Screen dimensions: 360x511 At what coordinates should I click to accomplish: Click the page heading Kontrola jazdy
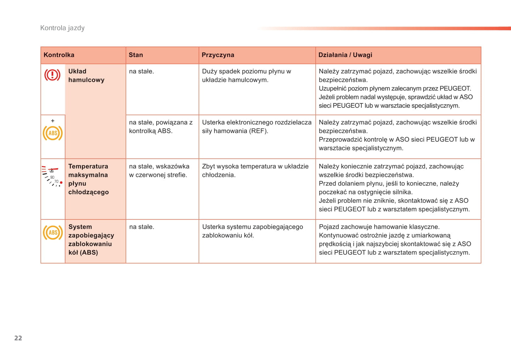click(x=62, y=28)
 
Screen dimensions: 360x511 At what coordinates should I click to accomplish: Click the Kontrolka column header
click(x=59, y=55)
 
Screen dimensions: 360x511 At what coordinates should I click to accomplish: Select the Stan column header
click(x=136, y=55)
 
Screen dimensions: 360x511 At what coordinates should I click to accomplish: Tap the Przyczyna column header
click(x=218, y=55)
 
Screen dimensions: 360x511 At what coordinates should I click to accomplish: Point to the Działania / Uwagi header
click(x=345, y=55)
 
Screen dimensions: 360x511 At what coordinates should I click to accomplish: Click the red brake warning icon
click(x=52, y=75)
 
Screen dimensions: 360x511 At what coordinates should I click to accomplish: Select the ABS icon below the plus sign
click(x=53, y=133)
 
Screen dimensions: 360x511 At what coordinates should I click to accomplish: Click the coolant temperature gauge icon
click(x=52, y=176)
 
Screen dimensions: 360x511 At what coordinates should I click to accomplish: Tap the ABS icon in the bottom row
click(x=53, y=232)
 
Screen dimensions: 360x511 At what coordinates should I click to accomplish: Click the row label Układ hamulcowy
click(x=86, y=76)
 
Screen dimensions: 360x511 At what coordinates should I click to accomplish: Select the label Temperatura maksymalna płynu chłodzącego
click(x=88, y=179)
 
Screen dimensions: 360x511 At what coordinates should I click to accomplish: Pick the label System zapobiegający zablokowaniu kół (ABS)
click(x=91, y=240)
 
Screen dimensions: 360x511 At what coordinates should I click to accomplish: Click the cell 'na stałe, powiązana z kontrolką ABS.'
click(x=161, y=126)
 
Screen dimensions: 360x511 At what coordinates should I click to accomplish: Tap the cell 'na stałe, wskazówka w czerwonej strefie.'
click(x=159, y=171)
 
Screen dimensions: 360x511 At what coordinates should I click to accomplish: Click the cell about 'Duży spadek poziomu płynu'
click(x=246, y=76)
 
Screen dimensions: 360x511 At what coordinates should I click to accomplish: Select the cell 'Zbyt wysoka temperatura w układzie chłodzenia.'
click(x=255, y=171)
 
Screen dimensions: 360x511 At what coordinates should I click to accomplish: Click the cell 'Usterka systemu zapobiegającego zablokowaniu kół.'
click(x=252, y=231)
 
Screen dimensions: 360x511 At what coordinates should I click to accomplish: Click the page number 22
click(x=18, y=338)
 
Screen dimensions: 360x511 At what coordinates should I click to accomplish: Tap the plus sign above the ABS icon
click(x=53, y=121)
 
